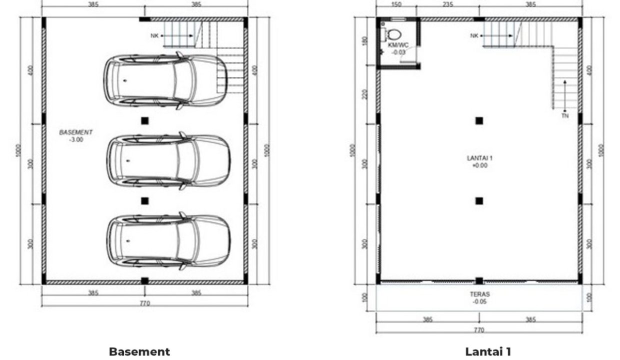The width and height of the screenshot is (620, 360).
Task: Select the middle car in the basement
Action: click(x=168, y=160)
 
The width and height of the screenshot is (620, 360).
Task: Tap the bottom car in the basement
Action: click(x=168, y=241)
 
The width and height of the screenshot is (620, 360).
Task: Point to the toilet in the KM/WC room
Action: click(x=394, y=35)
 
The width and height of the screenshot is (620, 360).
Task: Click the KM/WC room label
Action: click(x=398, y=48)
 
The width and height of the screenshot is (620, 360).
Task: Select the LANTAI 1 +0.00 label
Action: click(x=479, y=161)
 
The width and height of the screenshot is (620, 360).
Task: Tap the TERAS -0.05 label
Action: click(x=479, y=298)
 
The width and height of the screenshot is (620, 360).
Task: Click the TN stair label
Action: click(x=564, y=115)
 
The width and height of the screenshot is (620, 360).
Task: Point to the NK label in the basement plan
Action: click(x=154, y=35)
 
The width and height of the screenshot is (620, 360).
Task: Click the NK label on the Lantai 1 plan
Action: click(x=474, y=35)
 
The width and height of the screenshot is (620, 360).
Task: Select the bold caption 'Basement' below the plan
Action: click(x=139, y=351)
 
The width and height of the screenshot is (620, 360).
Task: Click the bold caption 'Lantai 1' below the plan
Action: click(x=488, y=351)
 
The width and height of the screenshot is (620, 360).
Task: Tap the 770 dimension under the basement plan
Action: click(x=144, y=303)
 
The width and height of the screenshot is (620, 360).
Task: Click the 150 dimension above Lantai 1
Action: click(x=396, y=4)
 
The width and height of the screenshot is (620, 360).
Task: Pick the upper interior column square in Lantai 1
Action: click(x=479, y=120)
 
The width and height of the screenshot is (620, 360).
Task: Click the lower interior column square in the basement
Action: click(x=144, y=200)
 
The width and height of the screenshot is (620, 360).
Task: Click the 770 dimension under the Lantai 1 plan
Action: click(x=478, y=330)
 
